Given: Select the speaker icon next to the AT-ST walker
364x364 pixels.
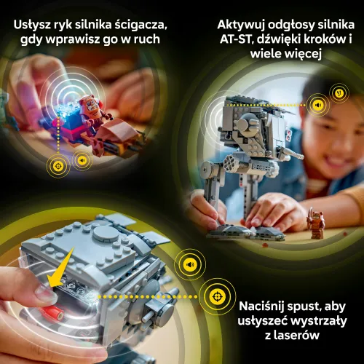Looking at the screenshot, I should coord(317,104).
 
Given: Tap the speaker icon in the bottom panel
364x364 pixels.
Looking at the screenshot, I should coord(190,265).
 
